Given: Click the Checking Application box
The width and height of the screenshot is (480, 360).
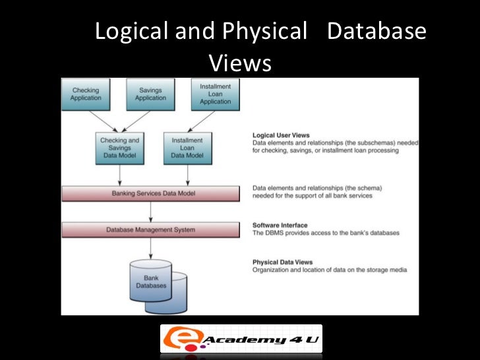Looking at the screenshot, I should pos(86,94).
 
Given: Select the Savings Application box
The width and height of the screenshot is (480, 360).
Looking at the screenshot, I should pos(151,94).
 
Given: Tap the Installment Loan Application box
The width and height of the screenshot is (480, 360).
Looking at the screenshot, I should pos(215,94).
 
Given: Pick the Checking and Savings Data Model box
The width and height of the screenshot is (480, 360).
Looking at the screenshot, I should pos(119,148).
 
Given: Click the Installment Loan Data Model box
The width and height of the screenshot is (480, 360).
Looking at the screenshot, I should pos(187,148).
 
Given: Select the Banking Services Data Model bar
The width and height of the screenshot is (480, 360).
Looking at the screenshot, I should pos(150,193).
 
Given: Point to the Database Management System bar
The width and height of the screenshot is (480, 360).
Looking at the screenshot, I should pos(150,229).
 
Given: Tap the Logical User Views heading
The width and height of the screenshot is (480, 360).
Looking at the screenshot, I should pos(281,135).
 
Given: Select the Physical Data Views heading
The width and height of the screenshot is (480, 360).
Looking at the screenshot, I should pos(280,262).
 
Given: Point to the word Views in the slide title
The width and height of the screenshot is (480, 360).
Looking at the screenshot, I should pos(240,63).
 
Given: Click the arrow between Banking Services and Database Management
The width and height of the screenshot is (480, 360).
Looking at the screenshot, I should pos(151,211).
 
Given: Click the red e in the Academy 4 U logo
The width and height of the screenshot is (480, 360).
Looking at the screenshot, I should pos(177,340).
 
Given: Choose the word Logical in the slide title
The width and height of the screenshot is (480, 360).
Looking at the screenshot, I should pos(131,32).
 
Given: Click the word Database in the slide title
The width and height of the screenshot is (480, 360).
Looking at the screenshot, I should pos(376,32).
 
